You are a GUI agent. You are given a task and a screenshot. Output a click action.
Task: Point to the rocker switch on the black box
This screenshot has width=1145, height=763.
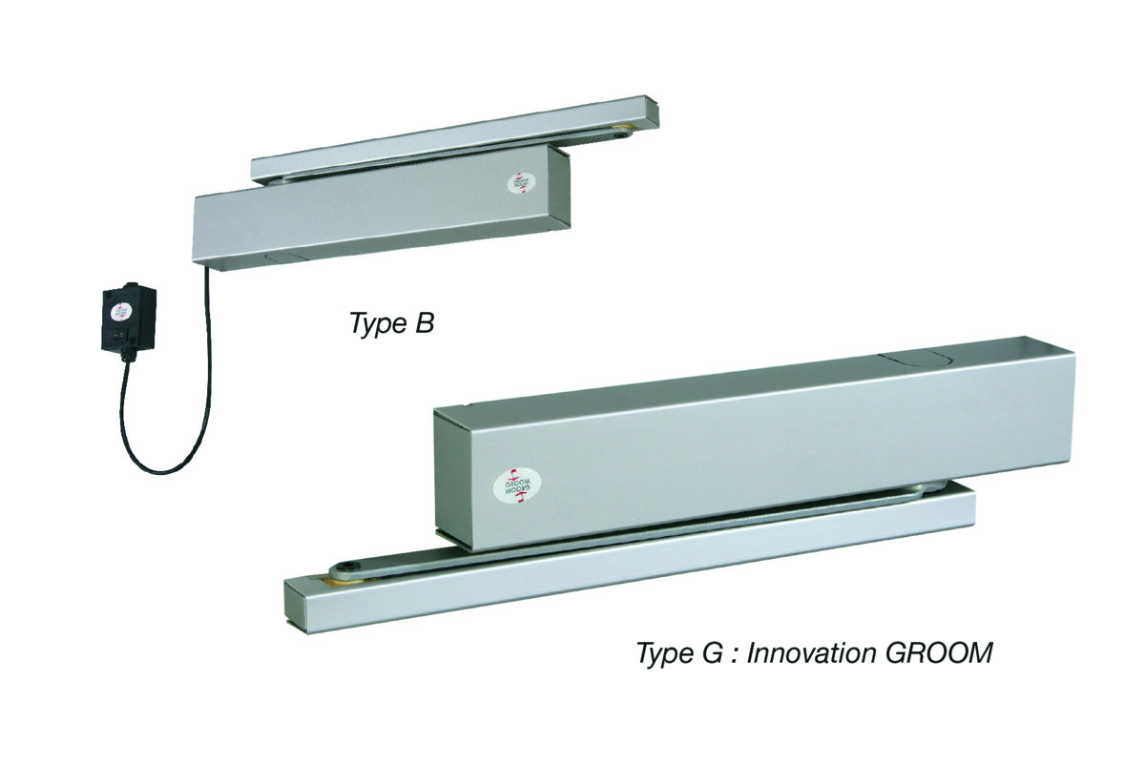click(117, 335)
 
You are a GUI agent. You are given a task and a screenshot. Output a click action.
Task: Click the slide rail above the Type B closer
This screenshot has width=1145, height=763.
click(458, 143)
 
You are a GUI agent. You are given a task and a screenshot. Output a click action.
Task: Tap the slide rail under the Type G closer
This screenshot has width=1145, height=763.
click(630, 572)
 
